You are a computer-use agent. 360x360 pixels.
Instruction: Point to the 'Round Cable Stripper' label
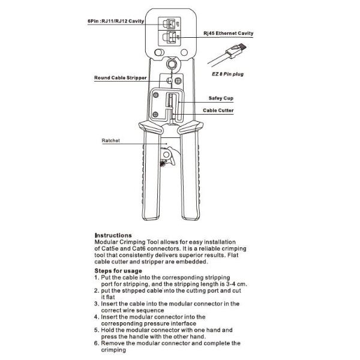120,78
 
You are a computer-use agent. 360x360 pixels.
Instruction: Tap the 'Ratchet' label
111,140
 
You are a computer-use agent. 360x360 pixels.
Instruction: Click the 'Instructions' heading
113,235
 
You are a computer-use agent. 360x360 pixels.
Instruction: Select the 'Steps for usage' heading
119,271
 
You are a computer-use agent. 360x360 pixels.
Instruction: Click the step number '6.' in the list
97,343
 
